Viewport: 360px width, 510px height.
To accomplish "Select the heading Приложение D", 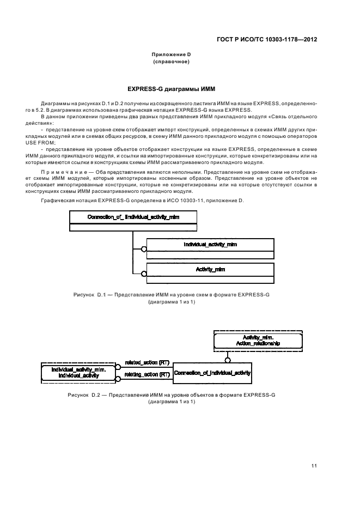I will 170,55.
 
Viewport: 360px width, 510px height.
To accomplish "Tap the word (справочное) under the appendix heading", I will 170,62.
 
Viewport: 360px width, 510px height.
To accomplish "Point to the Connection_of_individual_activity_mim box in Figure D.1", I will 133,217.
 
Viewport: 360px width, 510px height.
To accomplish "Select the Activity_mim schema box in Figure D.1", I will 210,269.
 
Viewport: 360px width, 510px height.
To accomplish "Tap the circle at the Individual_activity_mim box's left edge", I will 144,249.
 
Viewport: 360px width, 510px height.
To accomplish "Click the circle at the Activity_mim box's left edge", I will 144,274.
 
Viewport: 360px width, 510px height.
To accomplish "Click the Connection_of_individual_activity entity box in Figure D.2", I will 212,373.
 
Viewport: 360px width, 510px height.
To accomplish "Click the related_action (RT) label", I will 143,362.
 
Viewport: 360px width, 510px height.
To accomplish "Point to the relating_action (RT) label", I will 143,374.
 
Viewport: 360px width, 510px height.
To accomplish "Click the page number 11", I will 314,466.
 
